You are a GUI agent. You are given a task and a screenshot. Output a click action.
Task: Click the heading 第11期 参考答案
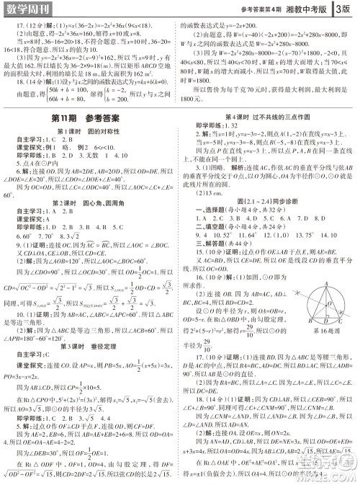[x=88, y=118]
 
